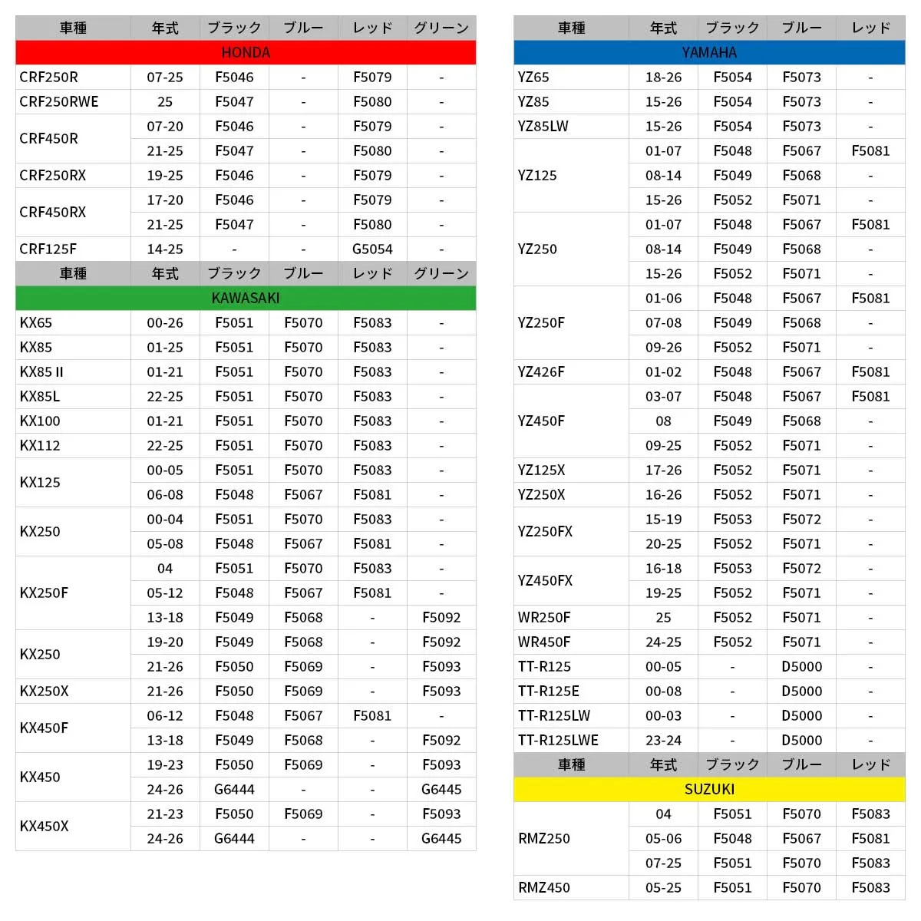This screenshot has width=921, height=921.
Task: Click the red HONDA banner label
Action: (246, 53)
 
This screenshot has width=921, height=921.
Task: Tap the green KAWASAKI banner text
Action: (246, 299)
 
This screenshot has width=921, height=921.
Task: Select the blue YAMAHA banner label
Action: (709, 53)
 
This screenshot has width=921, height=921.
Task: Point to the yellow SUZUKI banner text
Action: (709, 790)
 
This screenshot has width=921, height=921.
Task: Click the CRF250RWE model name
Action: (59, 102)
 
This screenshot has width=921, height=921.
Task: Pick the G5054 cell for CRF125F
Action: (372, 249)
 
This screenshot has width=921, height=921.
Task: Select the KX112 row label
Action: (40, 446)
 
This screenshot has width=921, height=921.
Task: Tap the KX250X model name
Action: (44, 692)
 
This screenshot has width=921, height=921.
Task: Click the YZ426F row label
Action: (541, 372)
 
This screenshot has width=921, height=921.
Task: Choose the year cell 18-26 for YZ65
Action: (663, 78)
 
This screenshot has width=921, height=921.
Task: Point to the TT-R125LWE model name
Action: (558, 741)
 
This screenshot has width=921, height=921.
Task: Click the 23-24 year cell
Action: (663, 741)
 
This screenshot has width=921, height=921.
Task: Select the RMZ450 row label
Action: (544, 888)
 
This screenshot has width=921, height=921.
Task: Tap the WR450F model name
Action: (544, 642)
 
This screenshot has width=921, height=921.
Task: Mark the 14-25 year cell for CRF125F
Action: (165, 249)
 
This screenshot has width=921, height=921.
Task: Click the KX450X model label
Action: (44, 827)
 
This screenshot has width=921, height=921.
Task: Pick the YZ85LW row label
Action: (543, 127)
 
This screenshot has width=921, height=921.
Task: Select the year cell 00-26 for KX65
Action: (165, 323)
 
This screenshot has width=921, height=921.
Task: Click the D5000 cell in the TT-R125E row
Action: (801, 692)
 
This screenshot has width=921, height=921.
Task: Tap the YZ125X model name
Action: (541, 470)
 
